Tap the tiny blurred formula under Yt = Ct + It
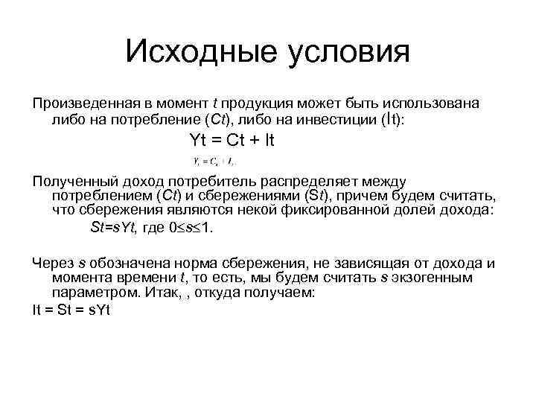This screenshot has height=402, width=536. [214, 161]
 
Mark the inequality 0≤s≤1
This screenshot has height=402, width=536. [191, 229]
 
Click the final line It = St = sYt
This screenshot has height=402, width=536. [71, 310]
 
